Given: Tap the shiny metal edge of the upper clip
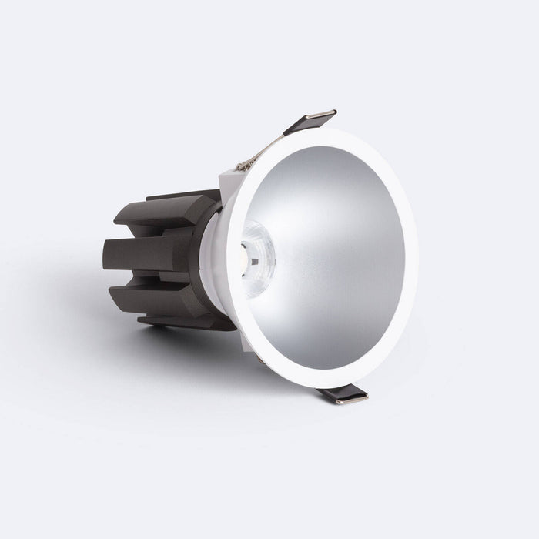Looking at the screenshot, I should click(321, 116).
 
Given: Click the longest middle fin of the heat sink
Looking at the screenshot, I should click(142, 254).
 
